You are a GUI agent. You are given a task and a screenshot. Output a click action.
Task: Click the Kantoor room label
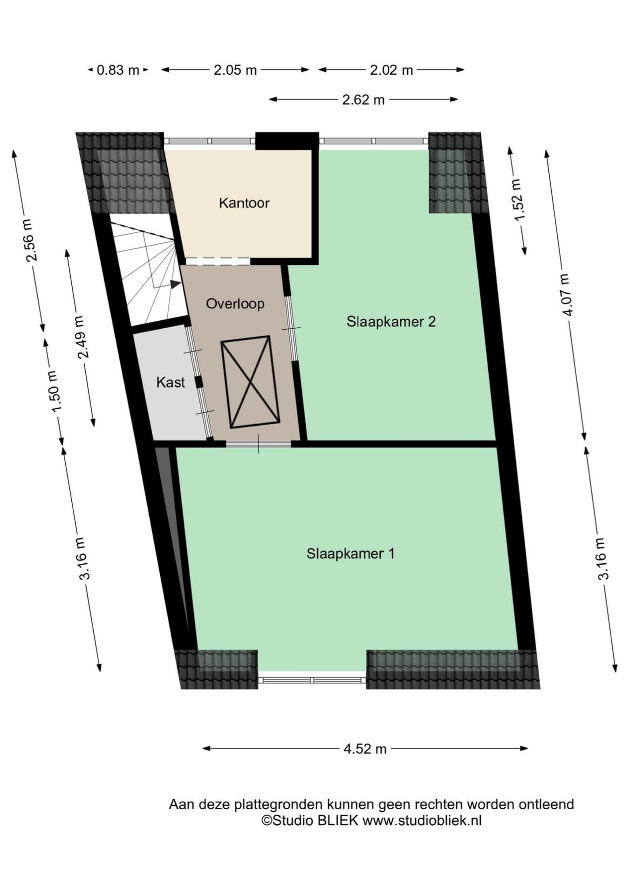244,203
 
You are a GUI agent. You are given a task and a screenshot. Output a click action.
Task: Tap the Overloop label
235,304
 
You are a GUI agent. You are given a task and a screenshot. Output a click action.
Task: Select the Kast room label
171,383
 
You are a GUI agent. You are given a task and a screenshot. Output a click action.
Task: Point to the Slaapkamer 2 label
391,322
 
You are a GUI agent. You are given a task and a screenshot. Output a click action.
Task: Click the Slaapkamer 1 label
350,553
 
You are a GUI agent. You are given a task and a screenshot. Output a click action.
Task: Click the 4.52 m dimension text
365,749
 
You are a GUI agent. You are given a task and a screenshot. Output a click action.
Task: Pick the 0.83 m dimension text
118,70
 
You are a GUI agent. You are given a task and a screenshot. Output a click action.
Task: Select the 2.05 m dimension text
235,70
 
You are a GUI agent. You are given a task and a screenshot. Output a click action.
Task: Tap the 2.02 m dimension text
391,70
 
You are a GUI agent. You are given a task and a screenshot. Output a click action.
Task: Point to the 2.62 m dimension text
363,99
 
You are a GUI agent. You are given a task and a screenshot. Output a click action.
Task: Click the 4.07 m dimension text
566,295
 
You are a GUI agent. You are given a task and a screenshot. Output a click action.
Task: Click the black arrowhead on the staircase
175,284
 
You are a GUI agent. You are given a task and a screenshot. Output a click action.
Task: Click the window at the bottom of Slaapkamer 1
312,680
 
